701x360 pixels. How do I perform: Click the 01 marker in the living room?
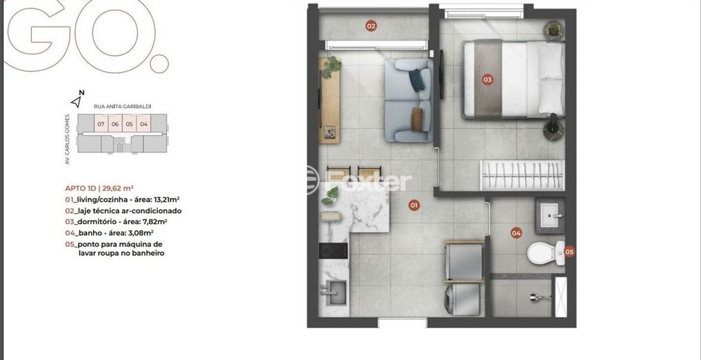[414, 205]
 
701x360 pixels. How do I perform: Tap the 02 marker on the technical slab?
[371, 26]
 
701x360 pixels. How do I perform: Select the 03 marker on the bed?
[487, 80]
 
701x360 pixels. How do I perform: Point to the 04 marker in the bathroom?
[516, 233]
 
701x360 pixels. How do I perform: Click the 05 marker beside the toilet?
[569, 251]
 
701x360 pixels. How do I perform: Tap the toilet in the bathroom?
[546, 253]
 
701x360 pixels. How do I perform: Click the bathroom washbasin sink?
[550, 215]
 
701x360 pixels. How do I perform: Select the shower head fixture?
[539, 297]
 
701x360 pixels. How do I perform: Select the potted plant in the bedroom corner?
[553, 30]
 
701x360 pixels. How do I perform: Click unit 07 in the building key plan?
[101, 124]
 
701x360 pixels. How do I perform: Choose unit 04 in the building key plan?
[143, 124]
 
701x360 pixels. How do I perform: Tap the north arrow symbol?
[76, 101]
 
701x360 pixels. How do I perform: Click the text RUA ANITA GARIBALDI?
[122, 106]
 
